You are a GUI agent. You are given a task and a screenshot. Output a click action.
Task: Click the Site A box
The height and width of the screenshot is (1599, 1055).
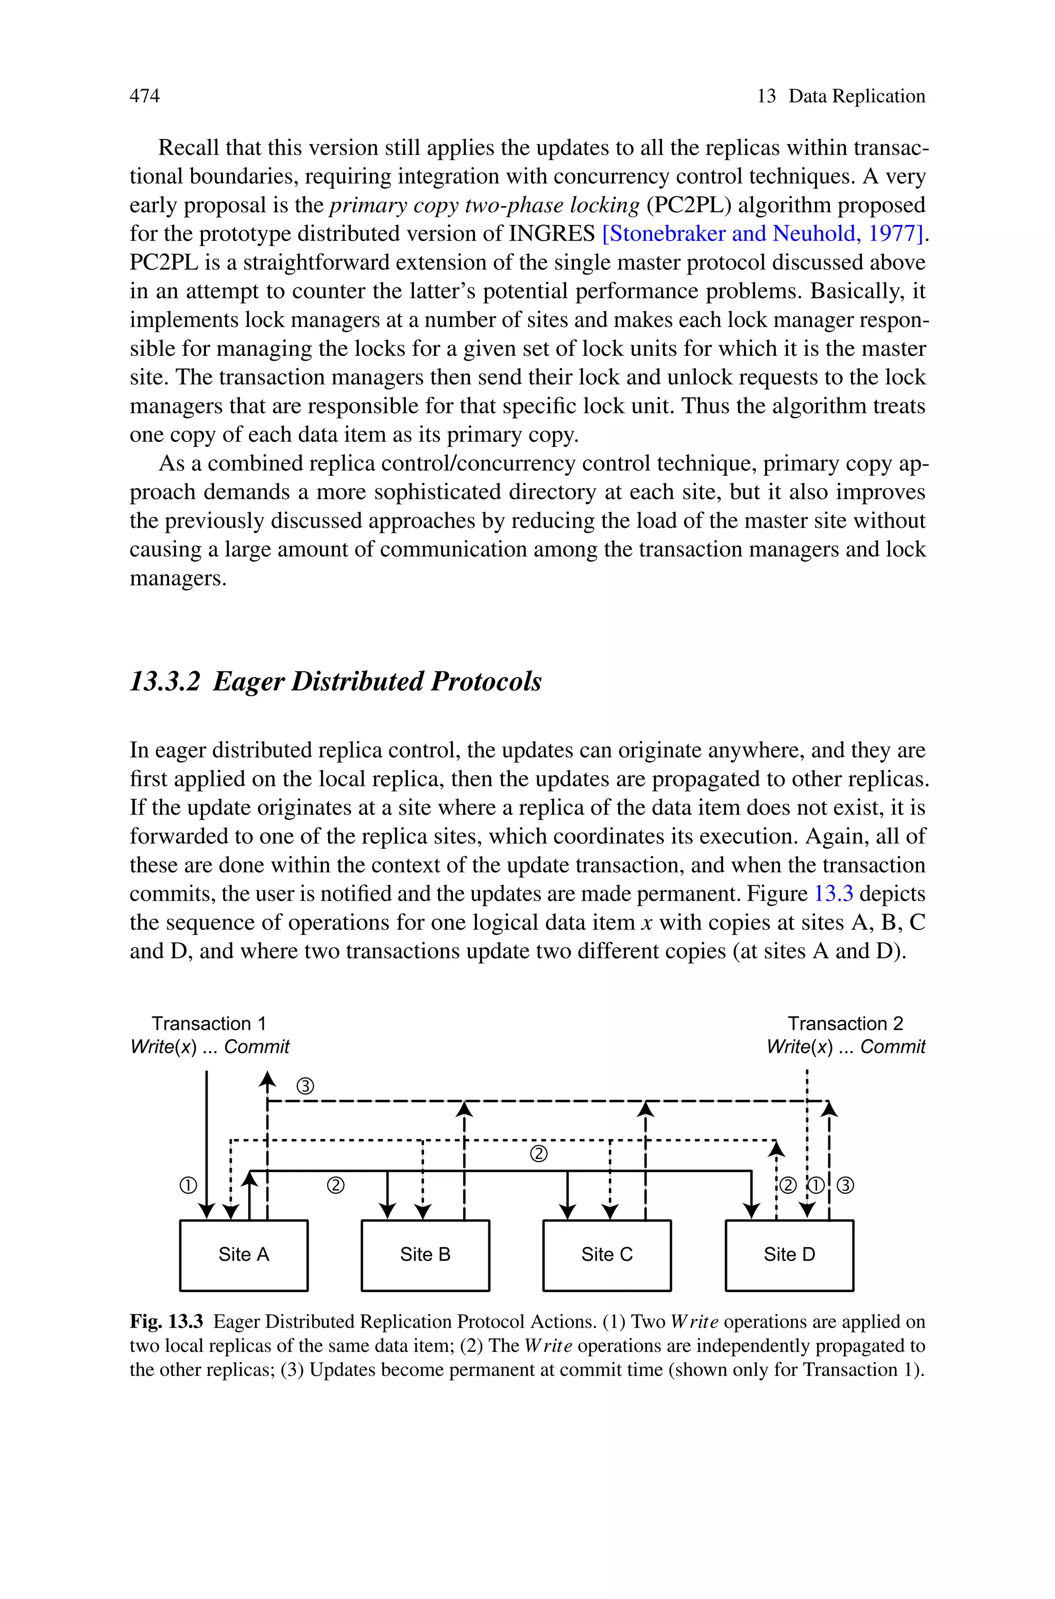[x=244, y=1254]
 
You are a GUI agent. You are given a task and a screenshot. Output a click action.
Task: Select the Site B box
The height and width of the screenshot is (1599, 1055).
[x=425, y=1254]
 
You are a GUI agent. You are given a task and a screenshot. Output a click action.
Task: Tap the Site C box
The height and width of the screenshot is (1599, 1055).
[x=607, y=1254]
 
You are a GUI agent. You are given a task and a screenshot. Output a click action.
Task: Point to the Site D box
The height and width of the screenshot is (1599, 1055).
[x=789, y=1254]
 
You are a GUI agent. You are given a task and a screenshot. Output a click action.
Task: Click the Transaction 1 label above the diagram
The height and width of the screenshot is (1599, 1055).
[x=209, y=1023]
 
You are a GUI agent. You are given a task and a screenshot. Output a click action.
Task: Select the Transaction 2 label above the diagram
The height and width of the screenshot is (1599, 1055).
[x=845, y=1023]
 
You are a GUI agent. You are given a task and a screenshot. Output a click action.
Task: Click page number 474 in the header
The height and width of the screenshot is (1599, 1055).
[x=145, y=96]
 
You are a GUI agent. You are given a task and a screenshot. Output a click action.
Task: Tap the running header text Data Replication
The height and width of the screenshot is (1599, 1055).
[x=857, y=96]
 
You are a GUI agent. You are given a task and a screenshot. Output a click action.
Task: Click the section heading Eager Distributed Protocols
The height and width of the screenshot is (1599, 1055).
[x=377, y=681]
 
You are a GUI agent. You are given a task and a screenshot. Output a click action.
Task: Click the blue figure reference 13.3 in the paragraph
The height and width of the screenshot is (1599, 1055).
[x=833, y=893]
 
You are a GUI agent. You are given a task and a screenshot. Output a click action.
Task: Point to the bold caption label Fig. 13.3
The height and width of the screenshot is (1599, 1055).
[x=166, y=1322]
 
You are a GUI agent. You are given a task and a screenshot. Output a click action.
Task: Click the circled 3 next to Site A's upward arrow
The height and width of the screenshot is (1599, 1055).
[x=305, y=1086]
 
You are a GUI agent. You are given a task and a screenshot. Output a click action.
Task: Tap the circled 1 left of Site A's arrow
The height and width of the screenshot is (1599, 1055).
[x=189, y=1185]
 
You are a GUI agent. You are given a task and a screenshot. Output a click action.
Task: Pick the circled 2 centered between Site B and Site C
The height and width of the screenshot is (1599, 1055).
[x=539, y=1155]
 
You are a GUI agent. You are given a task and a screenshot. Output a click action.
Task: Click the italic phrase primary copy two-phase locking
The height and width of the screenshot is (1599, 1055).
[x=484, y=205]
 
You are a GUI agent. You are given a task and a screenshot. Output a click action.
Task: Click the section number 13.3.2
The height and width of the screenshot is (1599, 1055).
[x=165, y=681]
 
